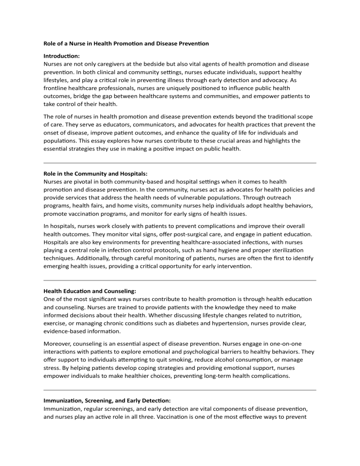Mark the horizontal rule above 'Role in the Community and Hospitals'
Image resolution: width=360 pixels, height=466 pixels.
pyautogui.click(x=180, y=163)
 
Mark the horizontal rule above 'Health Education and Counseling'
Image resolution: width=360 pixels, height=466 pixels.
pyautogui.click(x=180, y=280)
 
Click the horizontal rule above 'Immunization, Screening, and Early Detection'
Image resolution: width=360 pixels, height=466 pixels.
pyautogui.click(x=180, y=390)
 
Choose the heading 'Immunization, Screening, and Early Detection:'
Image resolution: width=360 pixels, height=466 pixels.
pyautogui.click(x=109, y=401)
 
